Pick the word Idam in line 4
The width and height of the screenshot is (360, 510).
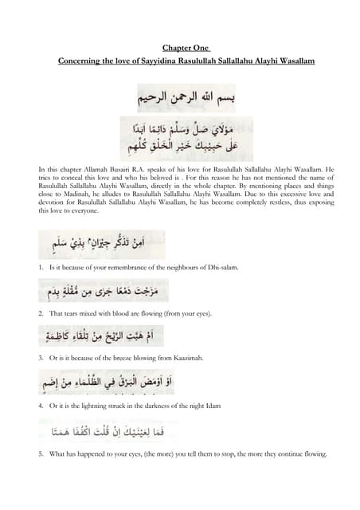tap(199, 406)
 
